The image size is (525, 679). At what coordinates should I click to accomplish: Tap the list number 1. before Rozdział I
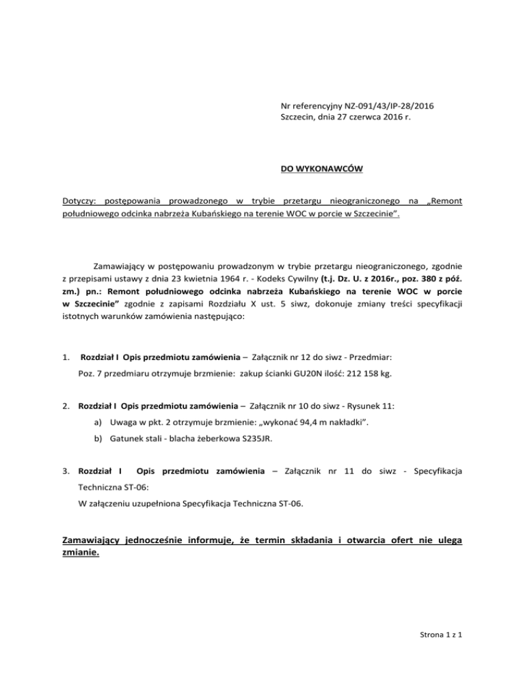(x=66, y=357)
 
